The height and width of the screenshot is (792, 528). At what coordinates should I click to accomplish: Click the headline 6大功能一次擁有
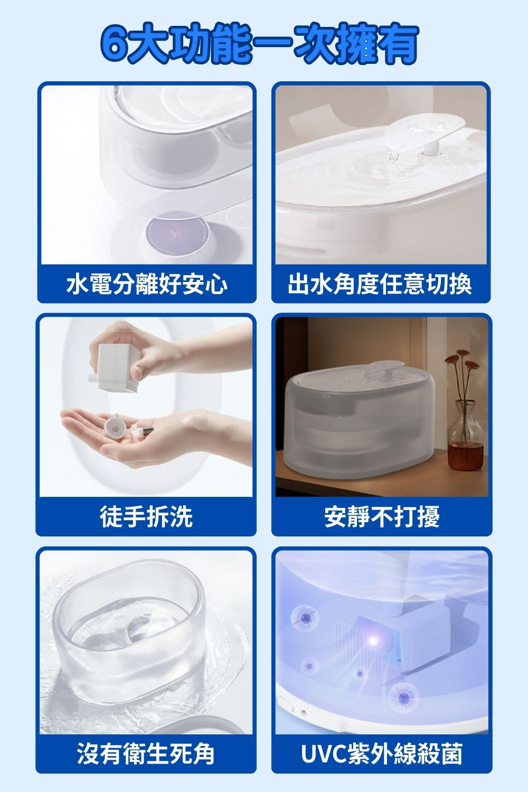(259, 43)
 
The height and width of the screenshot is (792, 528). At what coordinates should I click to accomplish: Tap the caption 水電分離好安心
(147, 284)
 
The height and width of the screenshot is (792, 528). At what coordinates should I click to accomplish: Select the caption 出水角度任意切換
(380, 284)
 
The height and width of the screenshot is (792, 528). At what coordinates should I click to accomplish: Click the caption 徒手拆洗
(146, 516)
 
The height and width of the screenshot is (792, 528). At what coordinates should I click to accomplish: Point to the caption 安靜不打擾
(382, 516)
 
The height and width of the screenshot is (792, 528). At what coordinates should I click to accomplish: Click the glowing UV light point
(373, 639)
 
